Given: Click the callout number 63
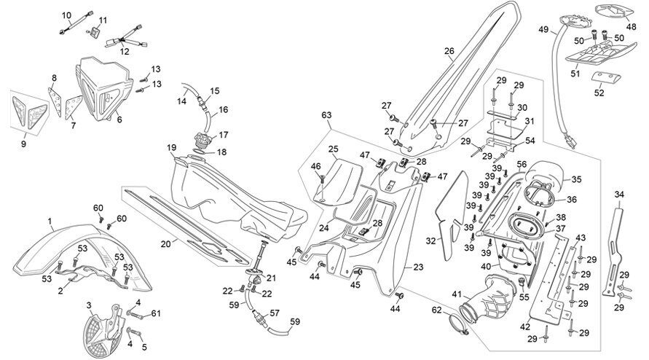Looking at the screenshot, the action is point(326,114).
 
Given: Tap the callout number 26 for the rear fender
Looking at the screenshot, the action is point(449,51).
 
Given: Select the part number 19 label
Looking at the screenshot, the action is point(172,147).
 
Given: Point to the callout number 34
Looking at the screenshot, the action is point(619,194).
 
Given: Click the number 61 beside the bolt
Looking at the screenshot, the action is point(156,313).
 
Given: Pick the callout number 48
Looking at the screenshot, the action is point(631,27).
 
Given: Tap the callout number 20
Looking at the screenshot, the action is point(165,244).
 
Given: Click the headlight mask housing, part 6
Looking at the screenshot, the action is point(103,88).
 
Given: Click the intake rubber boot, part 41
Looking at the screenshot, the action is point(489,299).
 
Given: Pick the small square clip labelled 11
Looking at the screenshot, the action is point(95,32).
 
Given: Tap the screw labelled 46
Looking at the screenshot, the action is point(322,180).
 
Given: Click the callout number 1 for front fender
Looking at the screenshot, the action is point(50,222).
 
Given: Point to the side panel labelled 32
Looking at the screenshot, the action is point(452,216).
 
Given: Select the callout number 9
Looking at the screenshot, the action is point(23,144).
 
